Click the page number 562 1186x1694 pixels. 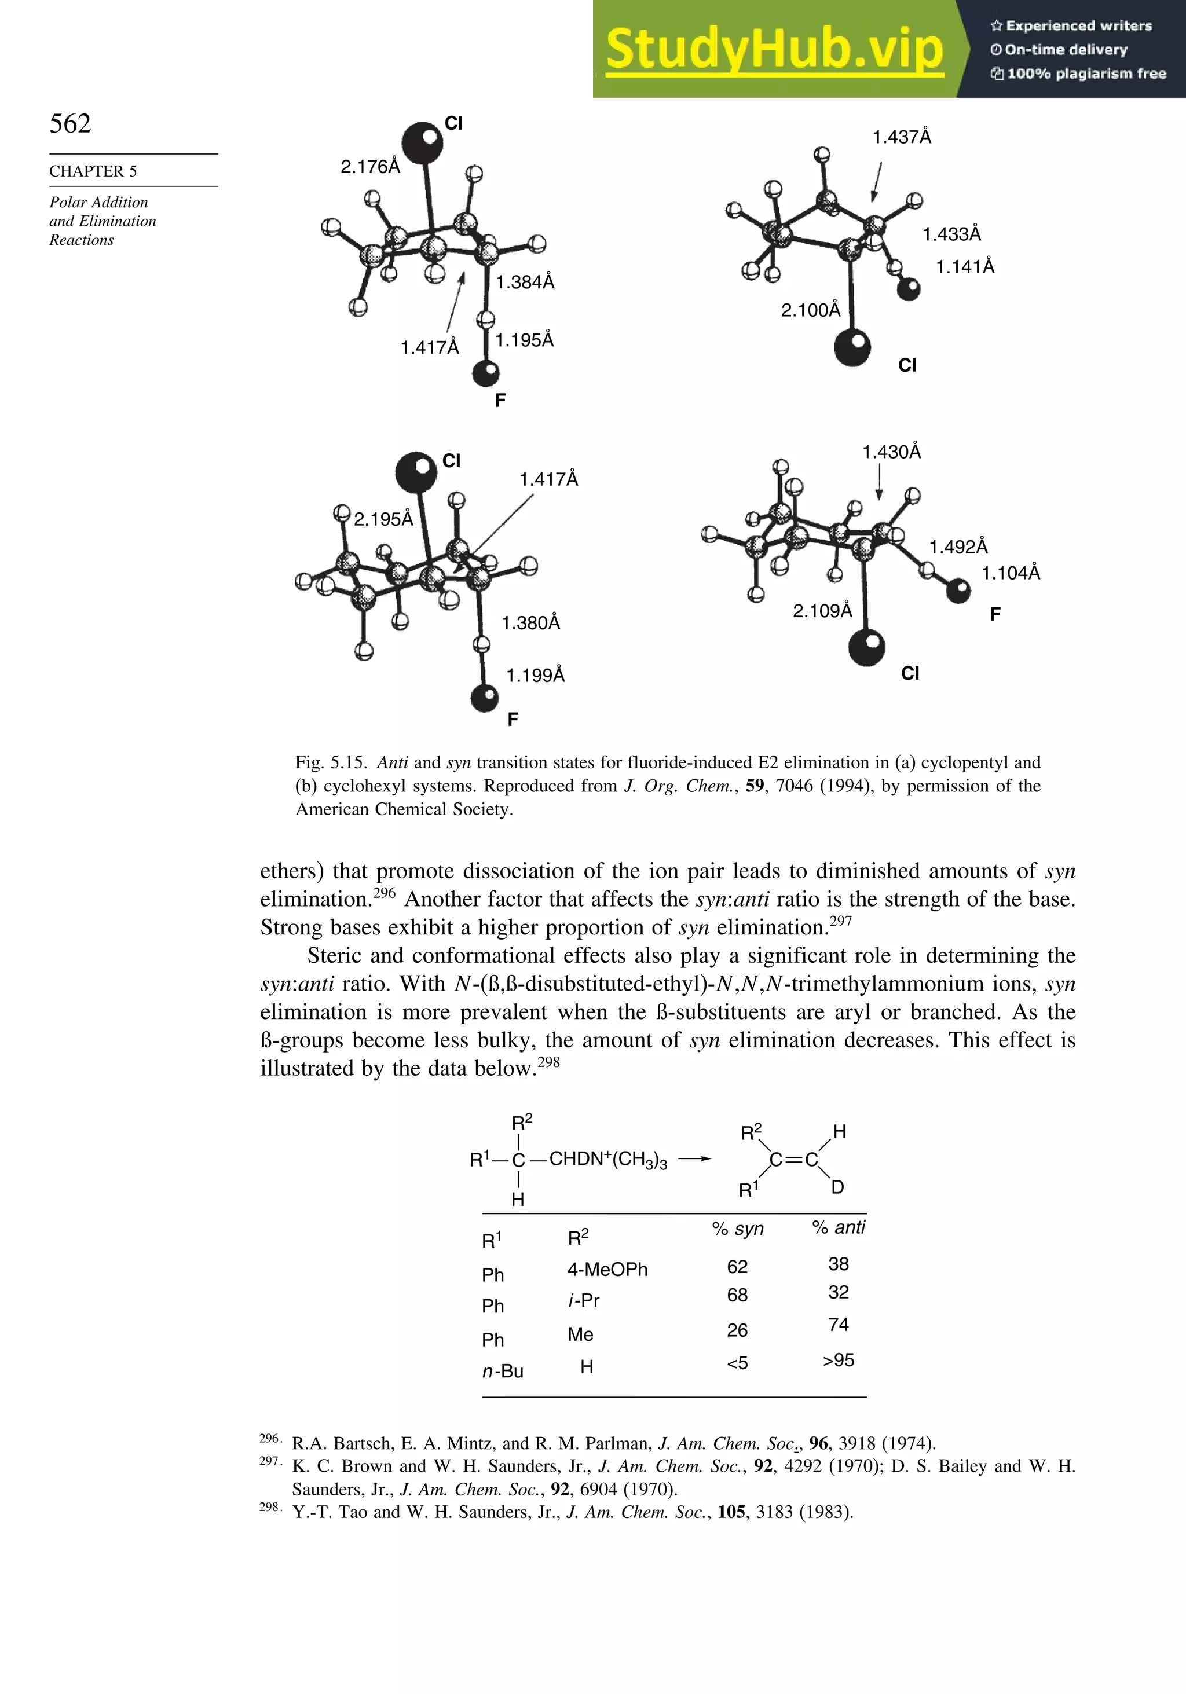tap(70, 123)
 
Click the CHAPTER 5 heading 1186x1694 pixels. tap(93, 171)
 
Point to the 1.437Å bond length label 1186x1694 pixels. tap(901, 137)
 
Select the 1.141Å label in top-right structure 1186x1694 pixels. tap(965, 267)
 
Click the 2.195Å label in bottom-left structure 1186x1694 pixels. tap(383, 519)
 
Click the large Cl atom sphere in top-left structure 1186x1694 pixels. tap(422, 142)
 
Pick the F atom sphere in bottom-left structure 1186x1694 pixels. tap(485, 697)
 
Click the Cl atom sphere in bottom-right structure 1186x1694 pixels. tap(866, 648)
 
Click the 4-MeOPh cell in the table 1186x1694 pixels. tap(607, 1270)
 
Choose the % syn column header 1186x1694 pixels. tap(737, 1229)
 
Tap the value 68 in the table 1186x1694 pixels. tap(737, 1295)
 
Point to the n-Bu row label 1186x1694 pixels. tap(502, 1372)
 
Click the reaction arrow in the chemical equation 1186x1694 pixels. tap(694, 1159)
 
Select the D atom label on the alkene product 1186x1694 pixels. tap(837, 1187)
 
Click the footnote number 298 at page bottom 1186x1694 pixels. tap(269, 1506)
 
